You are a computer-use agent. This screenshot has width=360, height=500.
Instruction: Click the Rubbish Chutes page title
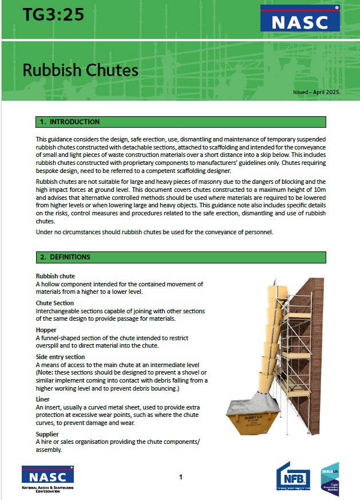tap(80, 70)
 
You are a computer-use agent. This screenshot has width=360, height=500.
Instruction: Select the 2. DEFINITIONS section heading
tap(65, 257)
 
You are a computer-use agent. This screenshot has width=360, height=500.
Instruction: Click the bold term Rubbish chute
tap(56, 277)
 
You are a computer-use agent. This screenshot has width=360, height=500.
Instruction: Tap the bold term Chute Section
tap(55, 303)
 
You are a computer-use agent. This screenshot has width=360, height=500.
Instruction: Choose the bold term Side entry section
tap(60, 356)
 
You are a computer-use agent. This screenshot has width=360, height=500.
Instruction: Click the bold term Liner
tap(43, 399)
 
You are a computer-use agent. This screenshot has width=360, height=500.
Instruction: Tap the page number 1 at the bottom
tap(180, 477)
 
